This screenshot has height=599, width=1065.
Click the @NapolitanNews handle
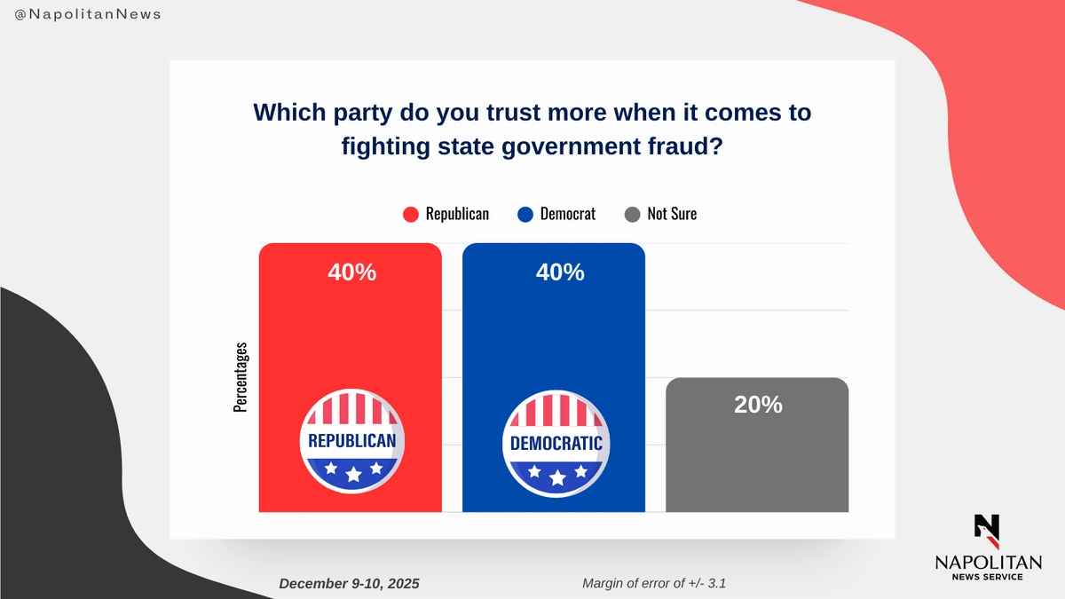(x=88, y=15)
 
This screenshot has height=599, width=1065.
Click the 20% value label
(x=758, y=405)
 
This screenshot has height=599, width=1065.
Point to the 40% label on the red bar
(x=352, y=272)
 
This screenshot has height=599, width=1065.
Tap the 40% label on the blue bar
(x=560, y=272)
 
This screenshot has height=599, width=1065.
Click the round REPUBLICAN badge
(x=351, y=441)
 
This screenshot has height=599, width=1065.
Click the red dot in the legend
(x=411, y=215)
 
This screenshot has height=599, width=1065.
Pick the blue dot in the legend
(x=525, y=215)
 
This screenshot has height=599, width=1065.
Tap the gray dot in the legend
(x=632, y=215)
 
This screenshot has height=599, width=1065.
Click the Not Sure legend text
(x=672, y=214)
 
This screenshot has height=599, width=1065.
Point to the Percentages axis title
(x=241, y=377)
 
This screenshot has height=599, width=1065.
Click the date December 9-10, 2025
(x=349, y=584)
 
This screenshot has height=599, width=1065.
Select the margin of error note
(x=660, y=583)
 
